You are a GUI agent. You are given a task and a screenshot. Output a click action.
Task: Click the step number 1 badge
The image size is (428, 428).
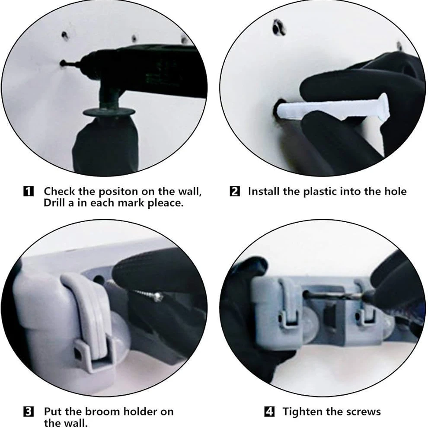[x=29, y=192]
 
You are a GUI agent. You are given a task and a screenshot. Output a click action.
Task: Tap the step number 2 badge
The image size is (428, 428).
[x=235, y=192]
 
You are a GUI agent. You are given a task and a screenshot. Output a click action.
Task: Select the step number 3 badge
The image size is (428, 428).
[x=29, y=411]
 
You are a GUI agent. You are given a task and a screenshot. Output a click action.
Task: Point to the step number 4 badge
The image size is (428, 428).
[x=269, y=411]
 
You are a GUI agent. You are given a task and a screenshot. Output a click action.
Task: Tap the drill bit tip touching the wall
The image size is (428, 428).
[x=63, y=63]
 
